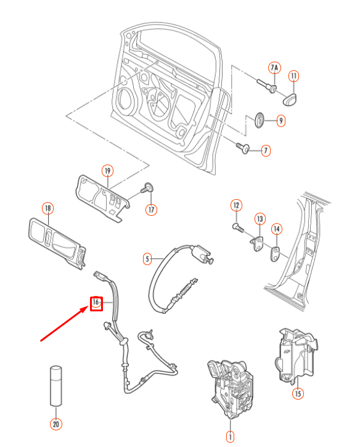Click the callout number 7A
(274, 67)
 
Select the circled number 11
(294, 76)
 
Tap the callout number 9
(280, 121)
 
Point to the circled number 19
(107, 170)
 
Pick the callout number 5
(147, 259)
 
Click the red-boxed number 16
(96, 303)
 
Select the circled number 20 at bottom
(56, 424)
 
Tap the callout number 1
(230, 437)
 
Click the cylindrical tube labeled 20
(56, 385)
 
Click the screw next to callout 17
(147, 187)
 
